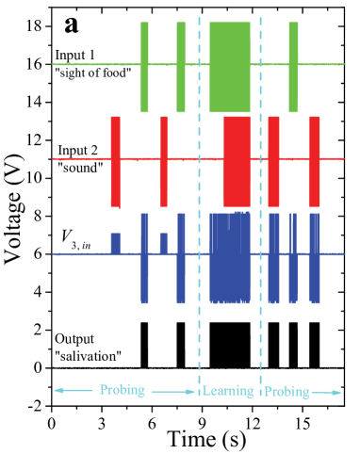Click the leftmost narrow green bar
pos(144,66)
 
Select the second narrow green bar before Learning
pos(181,66)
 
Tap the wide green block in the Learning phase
pos(229,66)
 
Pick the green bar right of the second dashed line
pos(293,66)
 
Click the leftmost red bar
pos(115,160)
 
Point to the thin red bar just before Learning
pos(164,160)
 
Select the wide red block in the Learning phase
pos(237,160)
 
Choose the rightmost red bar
pos(314,160)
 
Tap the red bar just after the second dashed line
pos(273,160)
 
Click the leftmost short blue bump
pos(115,243)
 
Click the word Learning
pos(228,391)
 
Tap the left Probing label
pos(123,390)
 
